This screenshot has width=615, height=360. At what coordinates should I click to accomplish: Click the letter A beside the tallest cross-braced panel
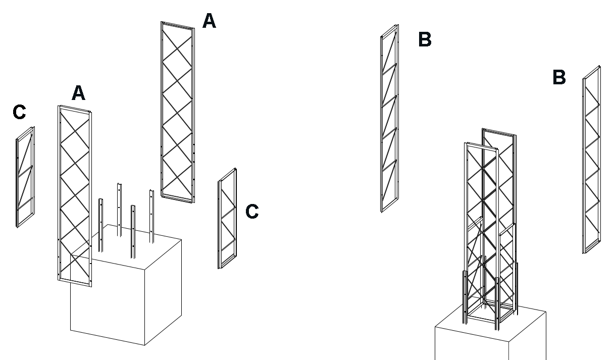[x=209, y=21]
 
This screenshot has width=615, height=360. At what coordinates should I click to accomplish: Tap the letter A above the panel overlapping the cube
[x=78, y=93]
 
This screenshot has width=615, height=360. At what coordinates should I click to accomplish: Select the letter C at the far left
[x=20, y=113]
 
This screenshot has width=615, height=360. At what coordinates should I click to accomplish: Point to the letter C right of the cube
[x=252, y=212]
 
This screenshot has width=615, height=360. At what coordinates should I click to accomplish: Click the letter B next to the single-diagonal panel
[x=425, y=39]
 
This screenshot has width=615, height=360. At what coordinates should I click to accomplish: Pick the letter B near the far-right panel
[x=559, y=78]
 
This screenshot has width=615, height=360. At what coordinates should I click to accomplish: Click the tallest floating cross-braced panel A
[x=178, y=111]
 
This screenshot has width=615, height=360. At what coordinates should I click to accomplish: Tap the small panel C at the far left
[x=25, y=177]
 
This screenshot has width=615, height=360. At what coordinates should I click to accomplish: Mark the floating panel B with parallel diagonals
[x=389, y=119]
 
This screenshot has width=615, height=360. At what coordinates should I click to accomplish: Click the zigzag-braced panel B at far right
[x=591, y=159]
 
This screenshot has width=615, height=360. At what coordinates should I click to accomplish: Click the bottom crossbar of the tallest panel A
[x=177, y=199]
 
